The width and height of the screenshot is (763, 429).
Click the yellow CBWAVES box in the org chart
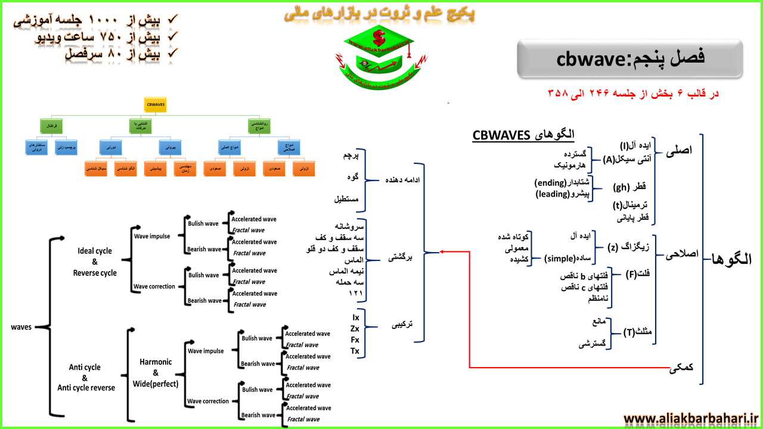[156, 105]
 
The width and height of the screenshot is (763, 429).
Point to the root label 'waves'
[21, 327]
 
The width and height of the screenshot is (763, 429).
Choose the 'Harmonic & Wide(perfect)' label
[156, 373]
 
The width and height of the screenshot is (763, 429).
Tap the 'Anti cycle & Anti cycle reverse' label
[86, 378]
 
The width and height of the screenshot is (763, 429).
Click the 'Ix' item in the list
[355, 318]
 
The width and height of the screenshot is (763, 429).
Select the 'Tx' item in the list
[355, 351]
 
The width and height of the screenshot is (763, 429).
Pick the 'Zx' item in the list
[355, 328]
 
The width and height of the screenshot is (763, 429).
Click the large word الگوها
[732, 260]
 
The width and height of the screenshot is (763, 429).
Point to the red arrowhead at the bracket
[442, 251]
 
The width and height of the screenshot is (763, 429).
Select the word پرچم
[348, 156]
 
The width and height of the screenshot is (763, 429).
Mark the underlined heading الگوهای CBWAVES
[523, 135]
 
